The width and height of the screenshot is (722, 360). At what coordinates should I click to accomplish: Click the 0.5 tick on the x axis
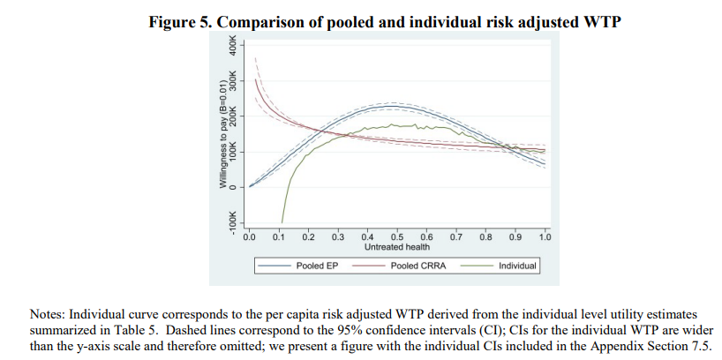pyautogui.click(x=397, y=236)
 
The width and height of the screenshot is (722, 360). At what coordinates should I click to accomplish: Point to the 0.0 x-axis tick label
pyautogui.click(x=249, y=236)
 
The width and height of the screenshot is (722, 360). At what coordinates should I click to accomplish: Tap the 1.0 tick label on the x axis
pyautogui.click(x=545, y=236)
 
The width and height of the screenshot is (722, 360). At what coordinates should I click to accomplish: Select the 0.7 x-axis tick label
pyautogui.click(x=456, y=236)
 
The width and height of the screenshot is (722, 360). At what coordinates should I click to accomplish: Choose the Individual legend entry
pyautogui.click(x=517, y=265)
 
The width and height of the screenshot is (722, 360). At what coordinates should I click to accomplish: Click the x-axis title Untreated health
pyautogui.click(x=397, y=247)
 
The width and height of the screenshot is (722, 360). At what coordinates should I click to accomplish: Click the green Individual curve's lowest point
pyautogui.click(x=282, y=222)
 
